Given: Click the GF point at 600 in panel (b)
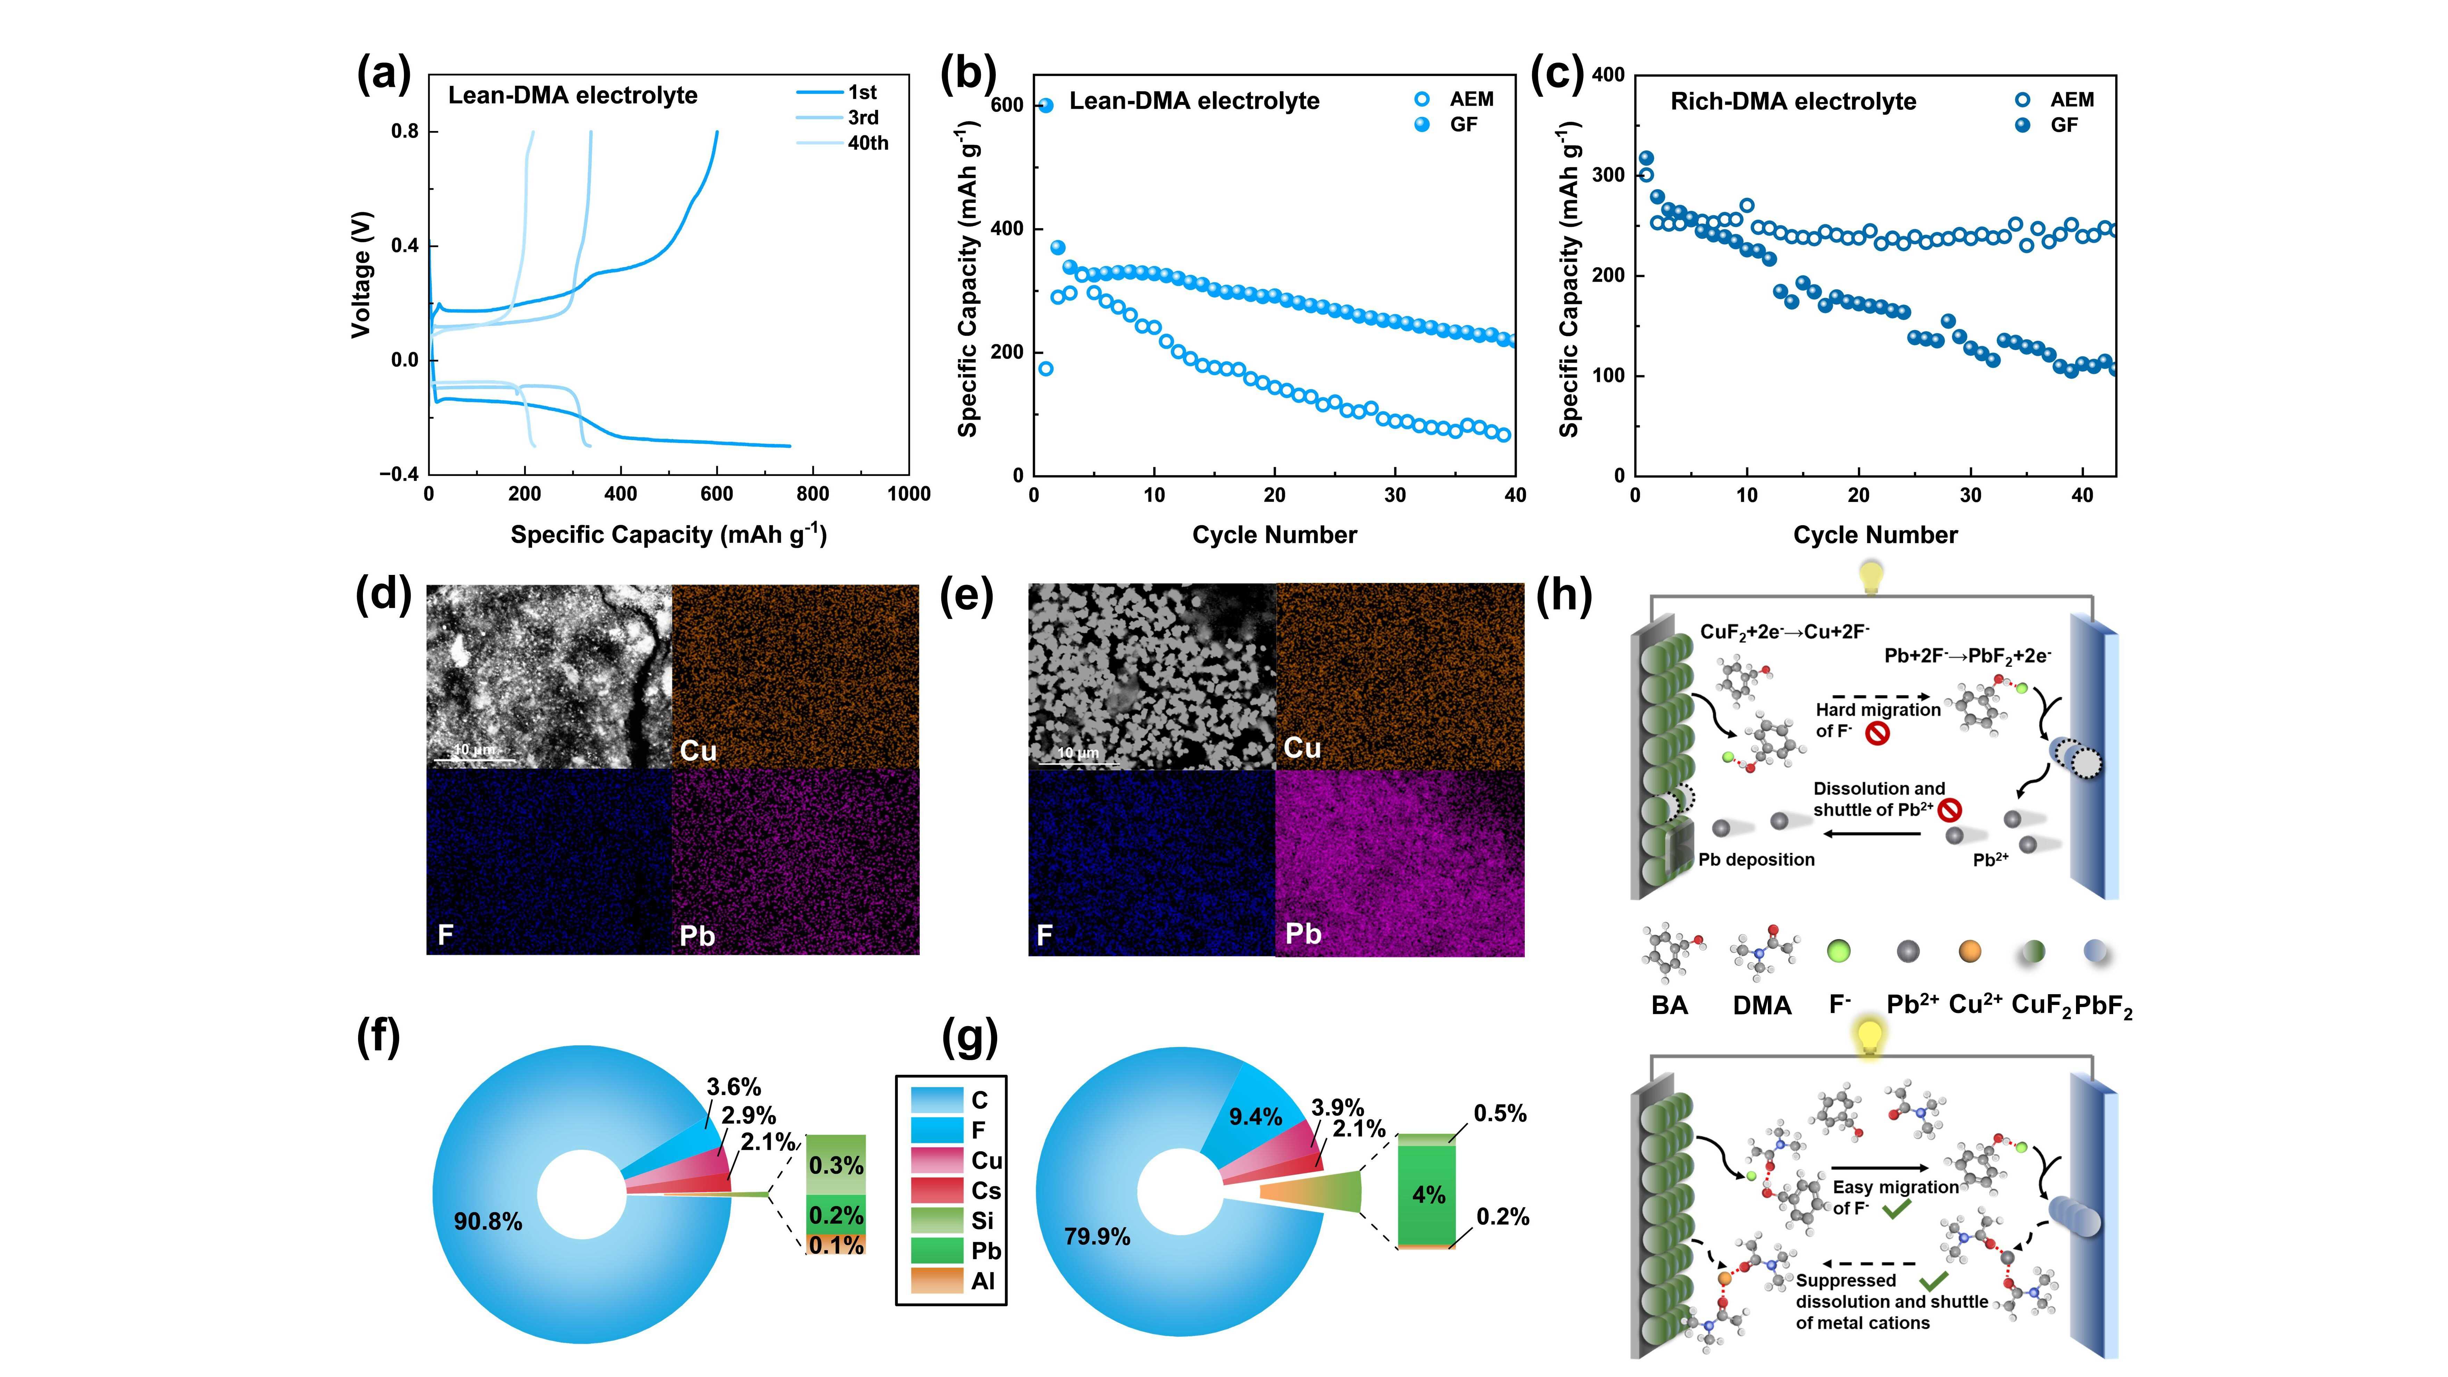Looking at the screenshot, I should [x=1046, y=106].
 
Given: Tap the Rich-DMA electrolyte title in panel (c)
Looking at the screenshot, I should [x=1793, y=102].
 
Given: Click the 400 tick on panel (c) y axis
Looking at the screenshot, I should [x=1607, y=75].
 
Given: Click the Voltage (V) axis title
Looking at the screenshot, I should [x=361, y=275].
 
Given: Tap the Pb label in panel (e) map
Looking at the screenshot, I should [x=1303, y=934].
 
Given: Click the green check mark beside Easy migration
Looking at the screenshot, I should [x=1896, y=1210].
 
